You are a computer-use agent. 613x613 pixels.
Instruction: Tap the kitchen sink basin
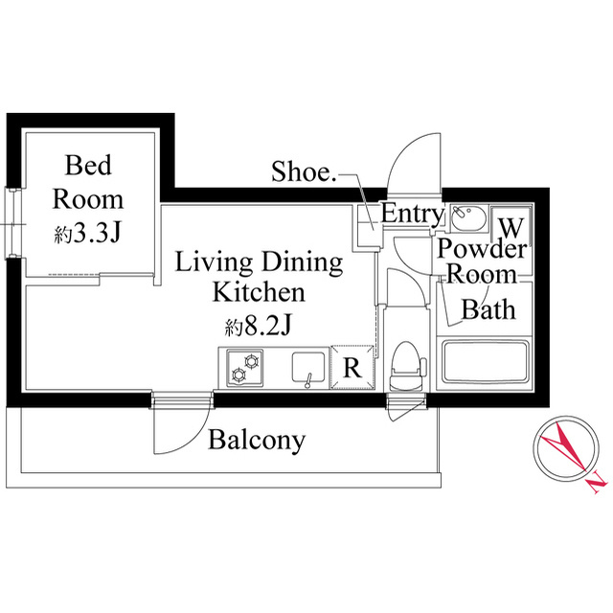308,368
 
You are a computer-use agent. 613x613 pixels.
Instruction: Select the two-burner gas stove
245,368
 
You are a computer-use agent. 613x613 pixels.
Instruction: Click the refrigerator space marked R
352,367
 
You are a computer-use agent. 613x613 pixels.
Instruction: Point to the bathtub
486,361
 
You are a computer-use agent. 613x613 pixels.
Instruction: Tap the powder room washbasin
468,216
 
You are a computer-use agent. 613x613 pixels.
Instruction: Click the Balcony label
257,441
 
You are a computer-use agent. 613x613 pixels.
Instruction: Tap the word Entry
413,215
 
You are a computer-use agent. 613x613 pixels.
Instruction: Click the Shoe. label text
304,171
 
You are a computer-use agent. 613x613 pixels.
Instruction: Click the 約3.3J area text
87,233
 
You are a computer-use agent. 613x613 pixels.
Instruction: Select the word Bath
488,309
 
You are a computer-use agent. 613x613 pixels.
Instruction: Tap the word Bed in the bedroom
88,165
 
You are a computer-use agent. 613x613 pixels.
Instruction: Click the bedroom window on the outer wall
11,223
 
